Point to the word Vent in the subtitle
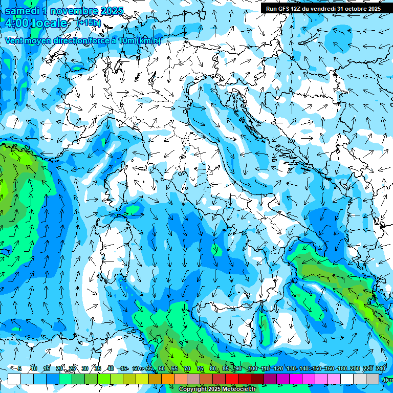tap(14, 41)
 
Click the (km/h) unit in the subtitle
tap(148, 41)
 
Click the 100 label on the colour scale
tap(252, 368)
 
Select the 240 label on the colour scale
tap(380, 368)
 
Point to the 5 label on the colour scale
tap(19, 368)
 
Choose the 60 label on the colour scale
tap(162, 368)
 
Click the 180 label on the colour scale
tap(342, 368)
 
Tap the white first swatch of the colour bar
tap(14, 379)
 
